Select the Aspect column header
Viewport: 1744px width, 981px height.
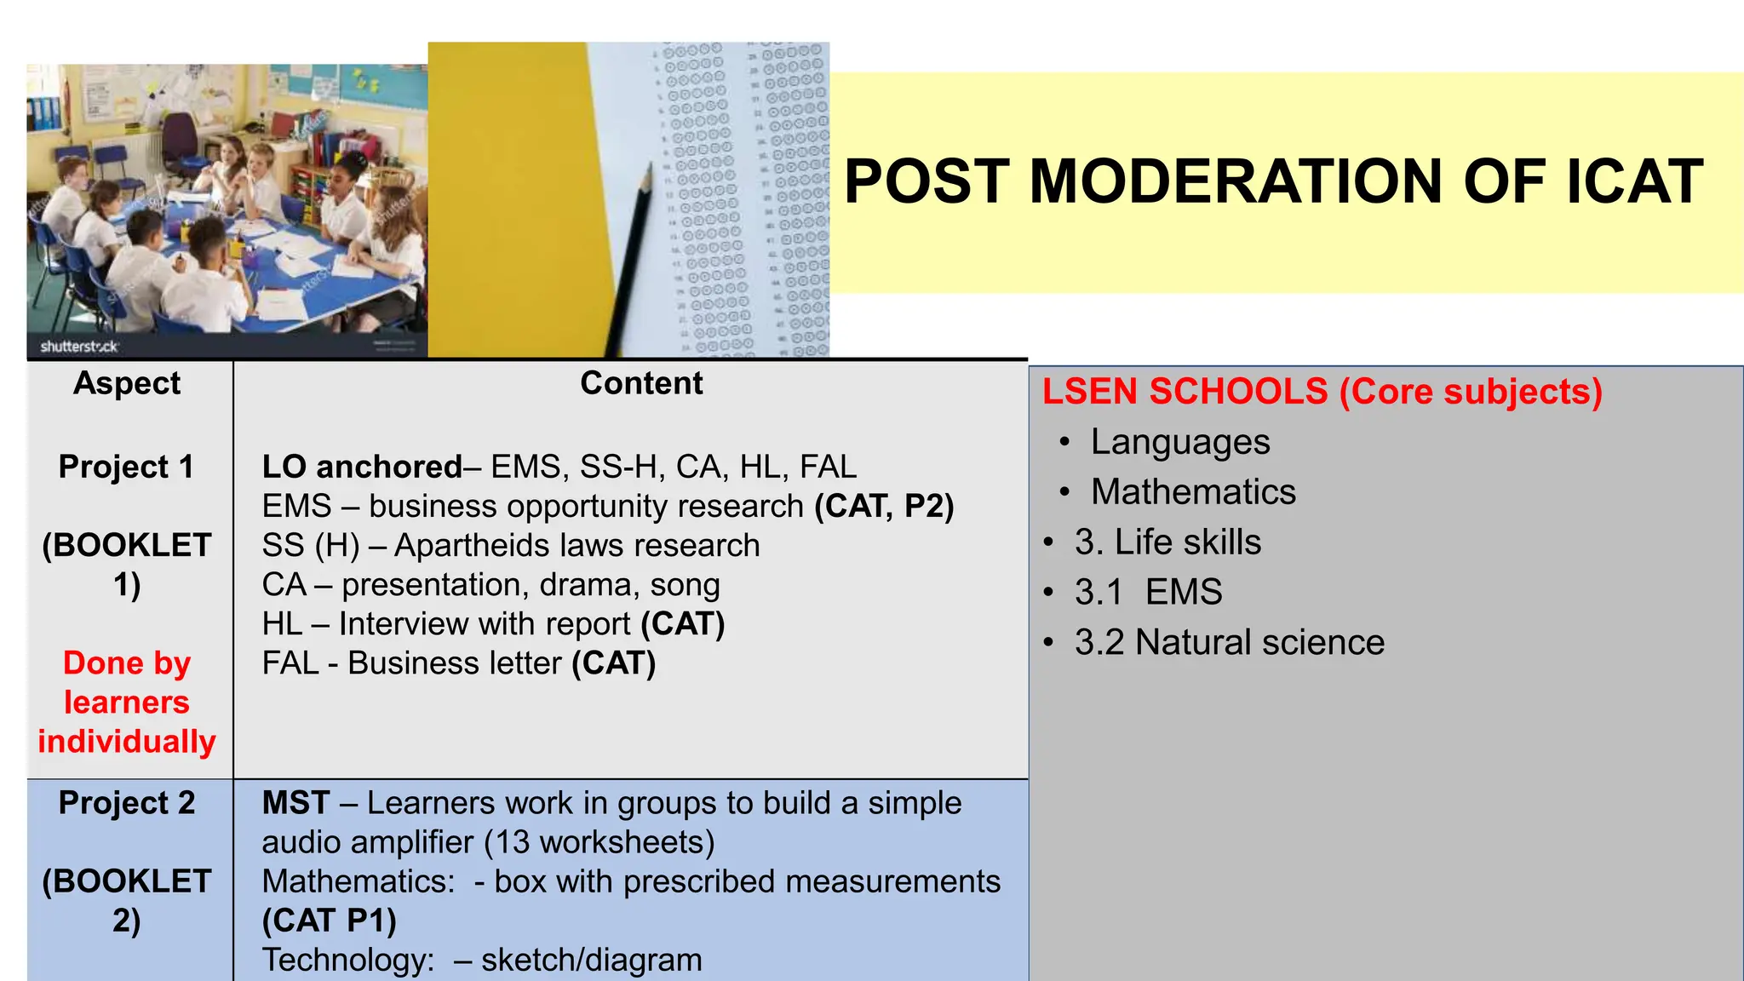point(127,383)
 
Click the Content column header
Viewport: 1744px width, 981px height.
point(641,383)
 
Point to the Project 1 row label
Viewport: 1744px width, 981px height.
point(127,467)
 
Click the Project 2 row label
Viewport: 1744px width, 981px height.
point(127,803)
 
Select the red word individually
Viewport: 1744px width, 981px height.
point(127,742)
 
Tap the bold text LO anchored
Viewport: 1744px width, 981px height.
point(362,467)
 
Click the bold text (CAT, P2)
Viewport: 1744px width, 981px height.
point(884,506)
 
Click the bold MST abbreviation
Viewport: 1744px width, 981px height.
point(295,803)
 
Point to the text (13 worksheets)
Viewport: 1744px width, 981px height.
point(599,842)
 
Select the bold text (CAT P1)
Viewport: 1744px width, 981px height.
point(330,921)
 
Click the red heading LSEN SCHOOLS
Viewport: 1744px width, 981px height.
point(1185,392)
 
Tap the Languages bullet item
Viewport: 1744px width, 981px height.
point(1180,443)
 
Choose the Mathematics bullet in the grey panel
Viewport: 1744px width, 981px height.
point(1193,492)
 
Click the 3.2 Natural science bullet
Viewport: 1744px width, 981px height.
point(1229,642)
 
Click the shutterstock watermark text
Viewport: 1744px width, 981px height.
point(79,347)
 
